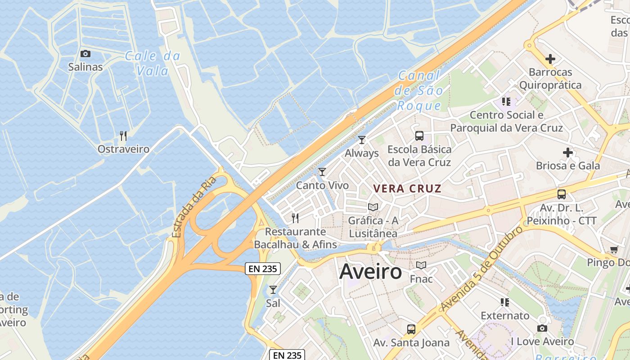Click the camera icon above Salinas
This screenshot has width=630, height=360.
click(85, 54)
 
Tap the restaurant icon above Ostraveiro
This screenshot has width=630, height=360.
click(123, 135)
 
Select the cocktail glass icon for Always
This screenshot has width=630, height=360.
click(362, 140)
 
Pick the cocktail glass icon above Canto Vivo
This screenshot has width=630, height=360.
click(322, 172)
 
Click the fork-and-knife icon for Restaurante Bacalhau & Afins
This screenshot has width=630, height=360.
click(295, 218)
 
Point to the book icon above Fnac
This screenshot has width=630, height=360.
click(421, 265)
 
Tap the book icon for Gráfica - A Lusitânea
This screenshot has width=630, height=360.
click(373, 207)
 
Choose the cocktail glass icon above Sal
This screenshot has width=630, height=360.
click(273, 290)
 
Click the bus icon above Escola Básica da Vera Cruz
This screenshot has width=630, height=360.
click(419, 135)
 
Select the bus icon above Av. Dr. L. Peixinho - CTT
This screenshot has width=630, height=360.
click(562, 194)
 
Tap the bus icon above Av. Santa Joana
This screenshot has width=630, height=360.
click(411, 329)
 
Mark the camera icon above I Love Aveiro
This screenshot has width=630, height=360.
click(542, 328)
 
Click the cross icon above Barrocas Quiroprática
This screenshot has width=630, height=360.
click(550, 59)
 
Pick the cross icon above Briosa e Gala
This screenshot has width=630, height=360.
click(568, 153)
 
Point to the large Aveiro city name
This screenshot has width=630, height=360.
click(370, 271)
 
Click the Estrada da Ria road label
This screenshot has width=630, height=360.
click(194, 207)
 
